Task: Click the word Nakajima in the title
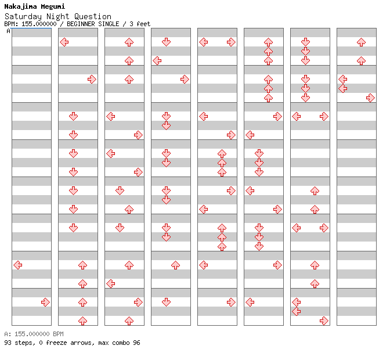21,6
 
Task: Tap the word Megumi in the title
53,6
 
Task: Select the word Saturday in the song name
23,17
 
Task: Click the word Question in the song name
92,16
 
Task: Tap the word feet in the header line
143,24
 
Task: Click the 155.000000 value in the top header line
39,24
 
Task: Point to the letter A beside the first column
9,31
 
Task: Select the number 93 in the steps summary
8,343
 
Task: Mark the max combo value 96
136,343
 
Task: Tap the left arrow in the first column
18,265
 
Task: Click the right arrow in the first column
45,303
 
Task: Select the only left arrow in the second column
64,42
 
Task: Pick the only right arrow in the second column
92,80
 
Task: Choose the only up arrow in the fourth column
176,265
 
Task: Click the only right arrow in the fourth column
185,80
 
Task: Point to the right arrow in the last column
371,98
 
